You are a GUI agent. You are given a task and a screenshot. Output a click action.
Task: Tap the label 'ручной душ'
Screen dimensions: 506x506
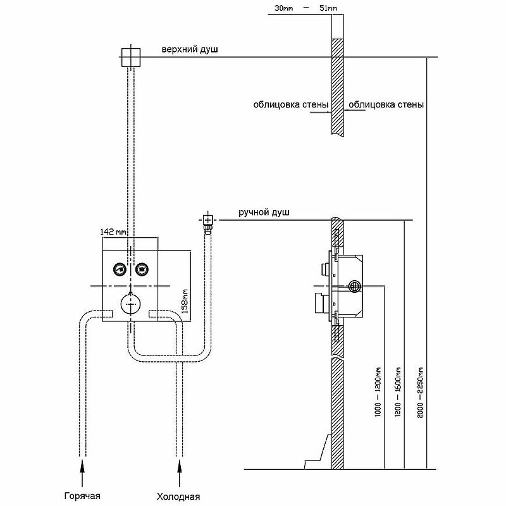point(264,213)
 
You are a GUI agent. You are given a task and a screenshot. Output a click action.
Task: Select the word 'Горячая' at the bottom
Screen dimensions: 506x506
point(82,495)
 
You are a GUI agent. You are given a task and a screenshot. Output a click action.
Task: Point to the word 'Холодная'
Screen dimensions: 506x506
point(179,495)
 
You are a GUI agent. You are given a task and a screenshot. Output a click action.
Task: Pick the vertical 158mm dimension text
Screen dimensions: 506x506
point(185,302)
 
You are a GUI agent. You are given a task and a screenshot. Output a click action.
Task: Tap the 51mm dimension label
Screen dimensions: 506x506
point(327,8)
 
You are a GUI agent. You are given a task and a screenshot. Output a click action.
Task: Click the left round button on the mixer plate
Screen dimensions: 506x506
point(120,270)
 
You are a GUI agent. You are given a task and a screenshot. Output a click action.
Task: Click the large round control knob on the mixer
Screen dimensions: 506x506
point(130,304)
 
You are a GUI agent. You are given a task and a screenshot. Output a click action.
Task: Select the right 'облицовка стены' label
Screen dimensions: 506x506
point(386,104)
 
